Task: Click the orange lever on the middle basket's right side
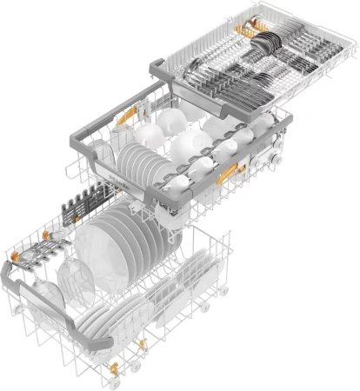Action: (x=228, y=174)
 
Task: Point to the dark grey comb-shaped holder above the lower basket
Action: (x=91, y=200)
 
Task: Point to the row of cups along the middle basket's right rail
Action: (x=235, y=139)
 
